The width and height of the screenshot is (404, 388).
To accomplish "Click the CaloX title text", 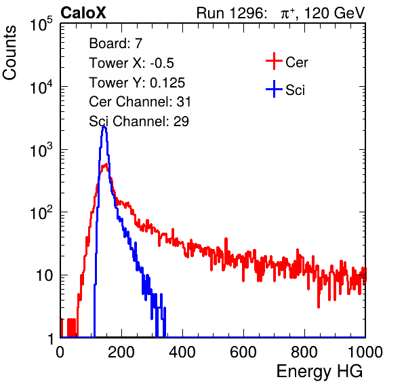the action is [x=83, y=12].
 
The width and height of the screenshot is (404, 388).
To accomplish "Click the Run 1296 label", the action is [x=231, y=13].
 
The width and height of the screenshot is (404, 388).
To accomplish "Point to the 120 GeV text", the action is [x=334, y=13].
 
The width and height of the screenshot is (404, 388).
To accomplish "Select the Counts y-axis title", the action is [x=9, y=53].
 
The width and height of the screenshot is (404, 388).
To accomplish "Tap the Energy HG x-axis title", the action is [x=319, y=372].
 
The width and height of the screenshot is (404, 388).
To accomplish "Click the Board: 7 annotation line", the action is [x=116, y=43].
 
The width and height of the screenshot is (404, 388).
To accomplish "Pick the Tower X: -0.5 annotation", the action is [x=132, y=63].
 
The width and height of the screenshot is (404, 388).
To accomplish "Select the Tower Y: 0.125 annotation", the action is [x=137, y=83].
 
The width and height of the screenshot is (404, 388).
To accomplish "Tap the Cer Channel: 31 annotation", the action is [x=140, y=102].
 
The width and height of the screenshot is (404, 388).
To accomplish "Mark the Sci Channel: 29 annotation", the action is [x=139, y=121].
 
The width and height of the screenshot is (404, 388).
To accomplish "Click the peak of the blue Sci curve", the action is [x=104, y=127].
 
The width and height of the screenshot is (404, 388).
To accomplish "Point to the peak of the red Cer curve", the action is [x=105, y=164].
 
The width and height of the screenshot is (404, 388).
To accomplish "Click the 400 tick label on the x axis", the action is [x=182, y=352].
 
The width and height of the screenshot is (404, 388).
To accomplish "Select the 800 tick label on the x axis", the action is [x=304, y=352].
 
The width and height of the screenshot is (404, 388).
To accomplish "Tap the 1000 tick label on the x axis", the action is [x=365, y=352].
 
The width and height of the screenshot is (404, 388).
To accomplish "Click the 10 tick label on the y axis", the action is [x=44, y=275].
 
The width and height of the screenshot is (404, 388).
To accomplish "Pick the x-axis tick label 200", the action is [x=121, y=352].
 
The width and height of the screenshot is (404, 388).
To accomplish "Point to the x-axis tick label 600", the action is [x=243, y=352].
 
